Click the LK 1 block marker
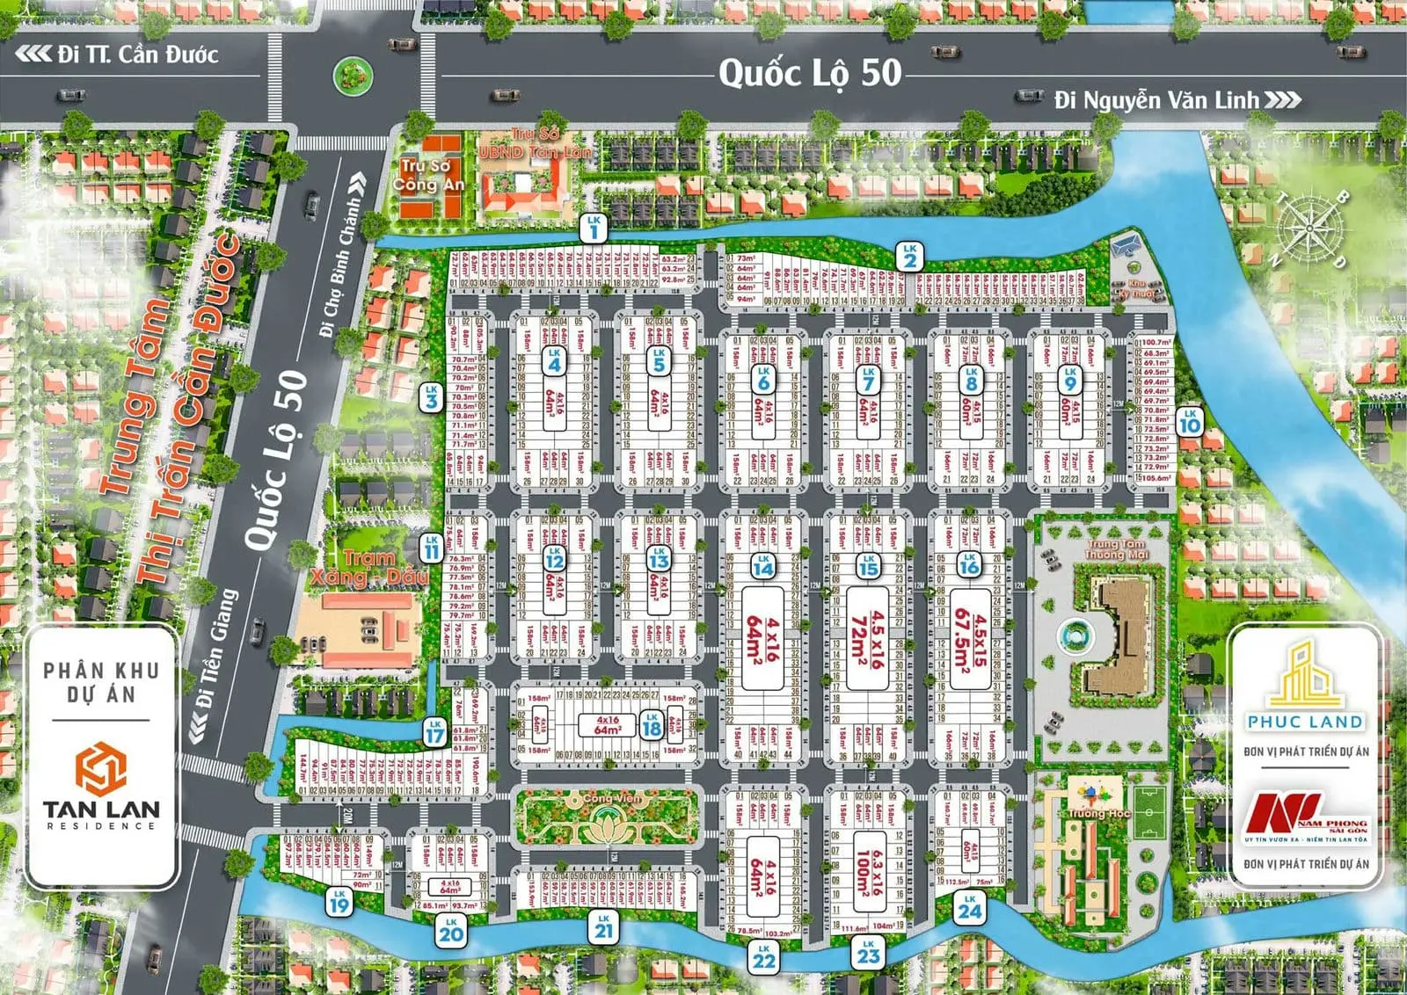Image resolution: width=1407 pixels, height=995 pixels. (x=594, y=229)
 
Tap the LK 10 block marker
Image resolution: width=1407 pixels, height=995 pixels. (x=1189, y=421)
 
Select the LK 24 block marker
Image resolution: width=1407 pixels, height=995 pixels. (x=970, y=907)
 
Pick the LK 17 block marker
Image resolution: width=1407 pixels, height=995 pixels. (x=435, y=731)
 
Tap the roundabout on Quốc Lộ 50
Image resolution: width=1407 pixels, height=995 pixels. (x=352, y=76)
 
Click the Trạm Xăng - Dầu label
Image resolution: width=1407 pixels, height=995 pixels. (x=370, y=568)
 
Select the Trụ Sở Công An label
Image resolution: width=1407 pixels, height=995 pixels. (x=427, y=175)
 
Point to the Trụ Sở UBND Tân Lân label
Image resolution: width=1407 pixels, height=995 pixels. (x=535, y=143)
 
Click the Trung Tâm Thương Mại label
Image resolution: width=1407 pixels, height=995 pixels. (x=1116, y=550)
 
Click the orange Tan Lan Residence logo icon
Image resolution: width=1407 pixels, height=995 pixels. (x=100, y=768)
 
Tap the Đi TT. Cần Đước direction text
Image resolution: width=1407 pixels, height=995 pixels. (x=137, y=54)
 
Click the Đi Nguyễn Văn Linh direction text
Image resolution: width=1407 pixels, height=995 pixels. (x=1157, y=100)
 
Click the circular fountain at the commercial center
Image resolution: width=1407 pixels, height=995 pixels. (x=1071, y=634)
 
